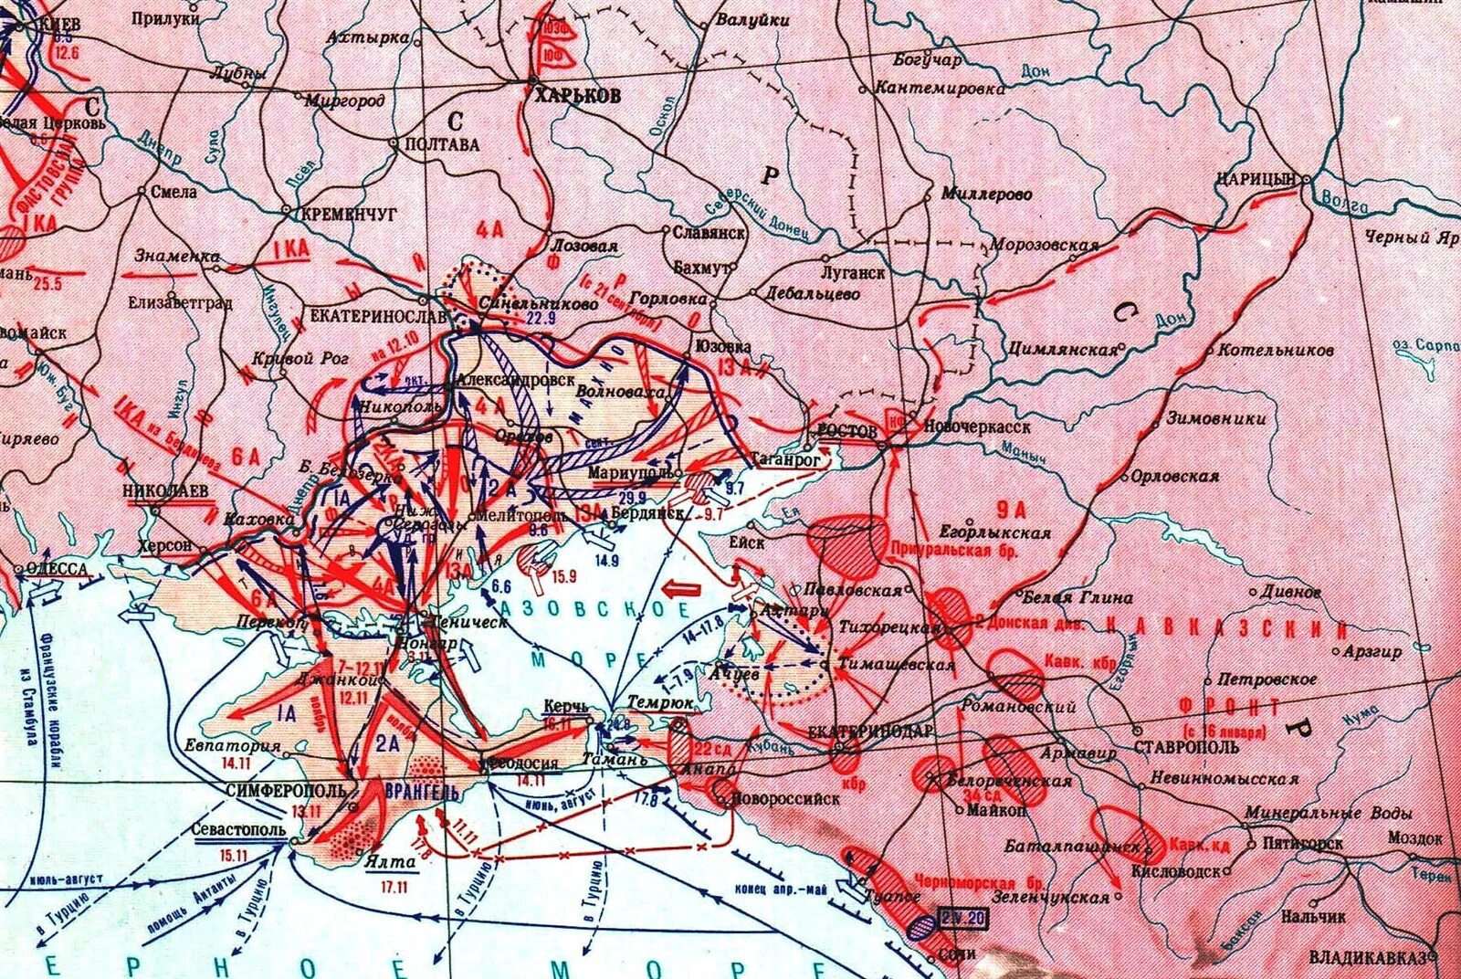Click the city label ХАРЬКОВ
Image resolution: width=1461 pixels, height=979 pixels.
tap(577, 96)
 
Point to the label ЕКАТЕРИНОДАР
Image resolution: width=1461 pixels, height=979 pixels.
tap(870, 732)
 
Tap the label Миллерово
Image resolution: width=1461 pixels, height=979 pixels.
tap(986, 195)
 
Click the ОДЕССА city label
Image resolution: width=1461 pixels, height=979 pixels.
tap(57, 569)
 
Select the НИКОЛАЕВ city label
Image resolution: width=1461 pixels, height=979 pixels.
tap(165, 491)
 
